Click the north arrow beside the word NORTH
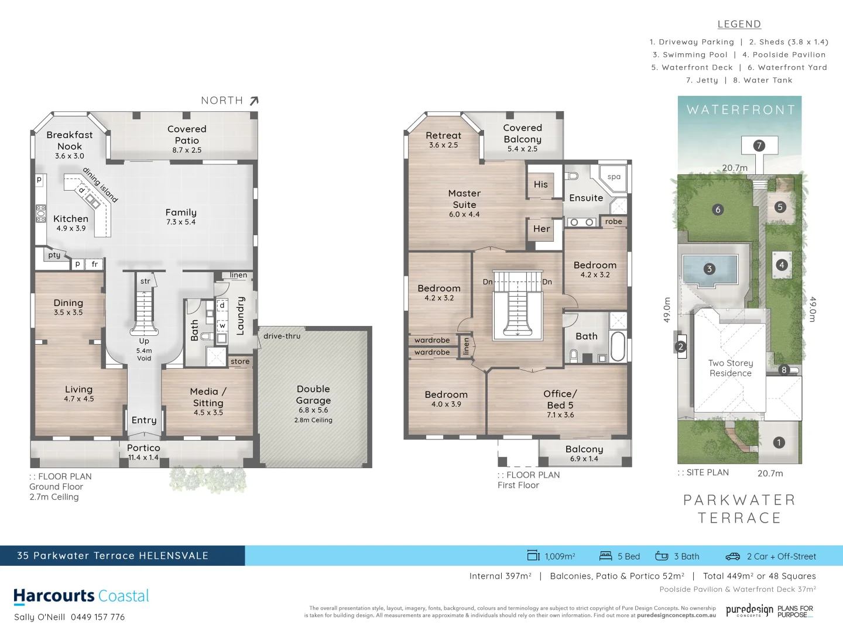coord(253,101)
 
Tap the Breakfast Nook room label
coord(70,140)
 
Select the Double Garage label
coord(313,394)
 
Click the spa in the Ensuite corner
coord(614,177)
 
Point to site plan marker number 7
coord(759,146)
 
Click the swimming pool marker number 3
coord(710,269)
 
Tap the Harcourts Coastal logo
coord(81,596)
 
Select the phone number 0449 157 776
coord(98,617)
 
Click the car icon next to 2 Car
coord(733,556)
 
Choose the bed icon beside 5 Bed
coord(605,556)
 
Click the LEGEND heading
coord(739,24)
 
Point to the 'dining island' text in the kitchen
coord(100,184)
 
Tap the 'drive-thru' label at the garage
coord(282,336)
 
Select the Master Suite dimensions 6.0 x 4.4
coord(464,214)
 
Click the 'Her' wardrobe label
coord(542,229)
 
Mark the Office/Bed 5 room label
coord(560,399)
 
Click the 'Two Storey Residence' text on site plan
coord(731,368)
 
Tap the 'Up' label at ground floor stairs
coord(144,341)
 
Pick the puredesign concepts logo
coord(749,610)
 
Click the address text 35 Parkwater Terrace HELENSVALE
coord(112,555)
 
